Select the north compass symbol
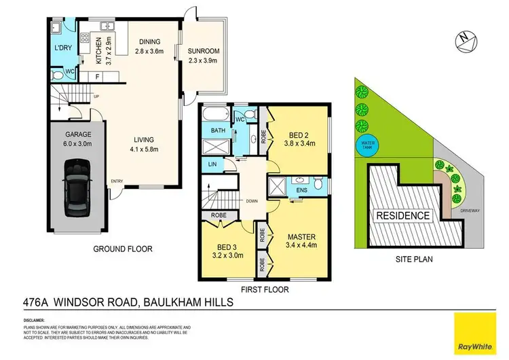coord(463,39)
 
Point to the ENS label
coord(301,190)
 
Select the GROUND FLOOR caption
coord(122,249)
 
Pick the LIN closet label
coord(212,164)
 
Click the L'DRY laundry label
coord(63,48)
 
